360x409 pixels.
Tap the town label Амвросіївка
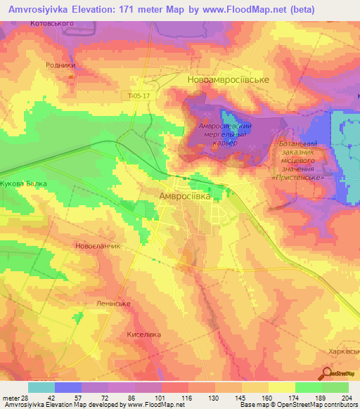[185, 196]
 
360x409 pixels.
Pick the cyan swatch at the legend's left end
[41, 387]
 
